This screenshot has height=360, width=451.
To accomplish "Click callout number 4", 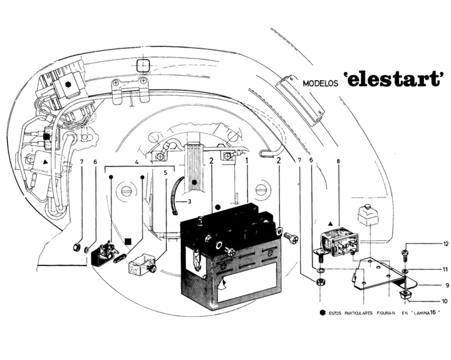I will point(137,162).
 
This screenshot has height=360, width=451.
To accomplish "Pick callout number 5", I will point(165,172).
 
